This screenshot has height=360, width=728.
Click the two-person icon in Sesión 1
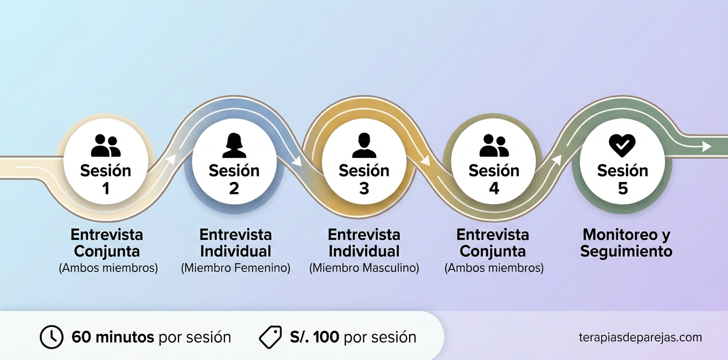click(105, 145)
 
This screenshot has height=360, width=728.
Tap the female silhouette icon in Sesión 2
click(234, 145)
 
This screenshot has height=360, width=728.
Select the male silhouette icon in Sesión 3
click(363, 145)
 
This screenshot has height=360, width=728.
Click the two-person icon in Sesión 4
click(493, 145)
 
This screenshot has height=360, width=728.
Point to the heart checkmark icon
click(622, 145)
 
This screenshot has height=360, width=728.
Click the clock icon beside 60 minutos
click(51, 337)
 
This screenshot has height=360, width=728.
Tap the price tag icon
click(270, 337)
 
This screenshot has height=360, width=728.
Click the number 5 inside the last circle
click(622, 188)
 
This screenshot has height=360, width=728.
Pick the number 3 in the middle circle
click(363, 188)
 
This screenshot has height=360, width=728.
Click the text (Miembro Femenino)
click(235, 268)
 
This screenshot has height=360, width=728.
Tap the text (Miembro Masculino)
click(364, 268)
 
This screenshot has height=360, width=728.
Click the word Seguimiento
click(626, 251)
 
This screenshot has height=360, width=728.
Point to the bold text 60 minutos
click(112, 337)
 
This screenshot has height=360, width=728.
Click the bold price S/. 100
click(314, 337)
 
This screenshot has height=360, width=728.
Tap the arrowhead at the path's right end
click(706, 146)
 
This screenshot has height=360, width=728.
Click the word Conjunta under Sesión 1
click(107, 251)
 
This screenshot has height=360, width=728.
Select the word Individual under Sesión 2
click(235, 251)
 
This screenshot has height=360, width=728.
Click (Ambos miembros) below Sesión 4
click(493, 268)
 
